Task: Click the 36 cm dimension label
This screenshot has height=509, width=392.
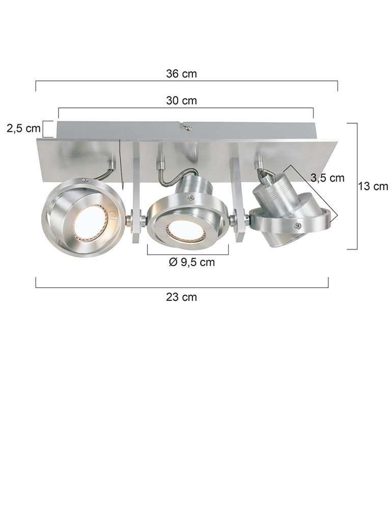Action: (181, 74)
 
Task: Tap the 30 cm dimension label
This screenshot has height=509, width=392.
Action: (181, 101)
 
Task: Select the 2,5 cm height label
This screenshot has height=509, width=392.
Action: (24, 128)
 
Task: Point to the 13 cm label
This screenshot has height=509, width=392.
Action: (373, 186)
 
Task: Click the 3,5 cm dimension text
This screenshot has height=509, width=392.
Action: (327, 178)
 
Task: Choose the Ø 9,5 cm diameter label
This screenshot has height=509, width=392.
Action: (192, 262)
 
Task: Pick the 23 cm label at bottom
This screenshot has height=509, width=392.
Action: (181, 297)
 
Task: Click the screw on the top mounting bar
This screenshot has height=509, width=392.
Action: (188, 128)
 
